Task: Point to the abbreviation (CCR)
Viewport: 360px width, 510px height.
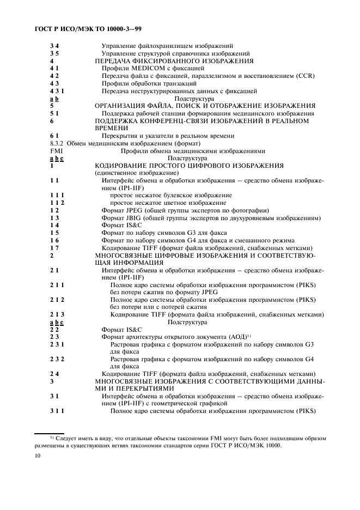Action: coord(305,76)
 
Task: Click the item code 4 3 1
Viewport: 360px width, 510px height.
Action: coord(56,91)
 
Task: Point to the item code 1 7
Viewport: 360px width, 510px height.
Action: coord(53,247)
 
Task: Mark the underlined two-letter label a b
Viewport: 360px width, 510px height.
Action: coord(54,99)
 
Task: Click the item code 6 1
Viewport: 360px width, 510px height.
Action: coord(53,136)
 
